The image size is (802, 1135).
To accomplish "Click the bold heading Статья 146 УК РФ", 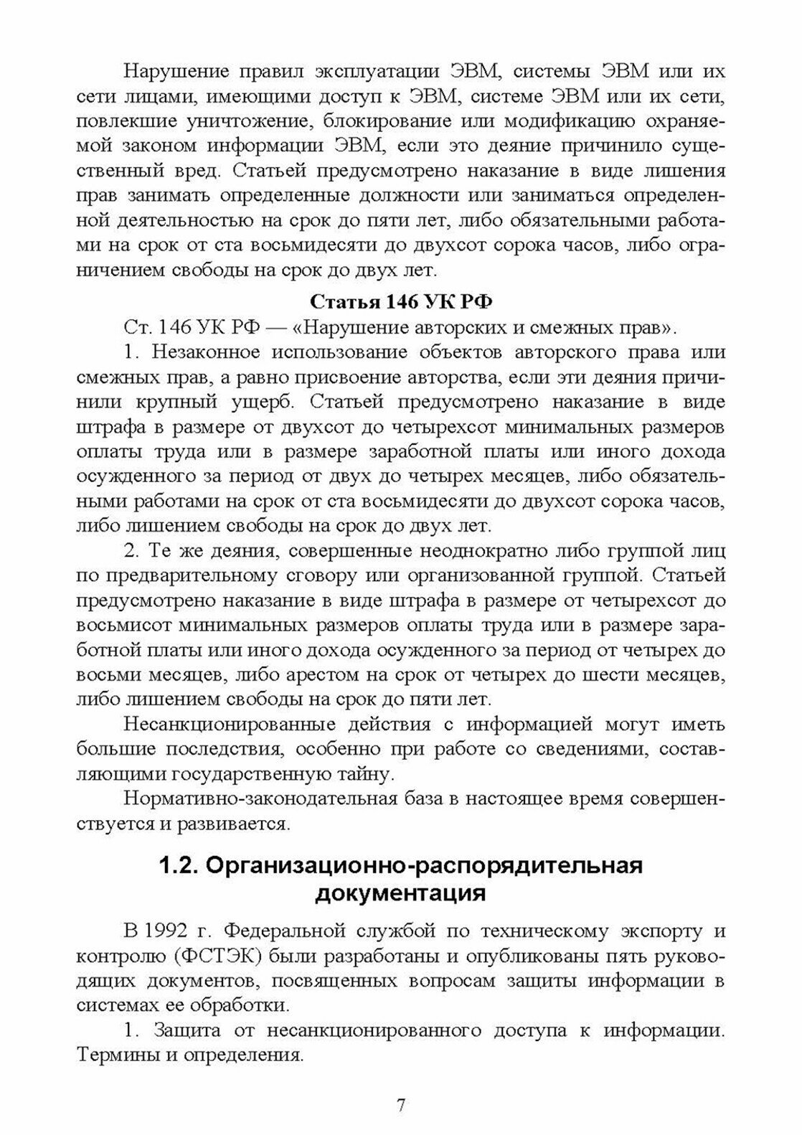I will (x=400, y=301).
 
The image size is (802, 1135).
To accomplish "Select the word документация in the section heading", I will (x=401, y=894).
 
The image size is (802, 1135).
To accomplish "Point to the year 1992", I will (x=168, y=931).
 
